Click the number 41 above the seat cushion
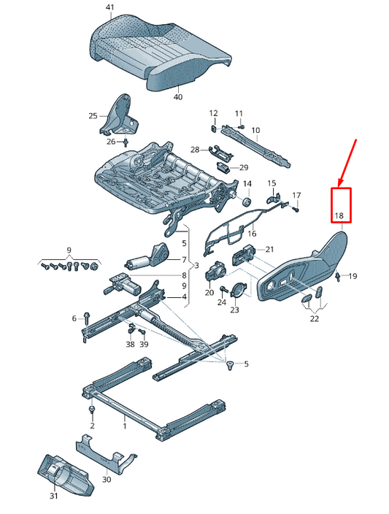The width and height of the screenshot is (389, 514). (110, 7)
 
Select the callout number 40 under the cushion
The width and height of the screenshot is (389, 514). (178, 97)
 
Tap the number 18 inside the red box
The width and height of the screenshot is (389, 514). (339, 215)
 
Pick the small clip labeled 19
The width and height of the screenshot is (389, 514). (338, 277)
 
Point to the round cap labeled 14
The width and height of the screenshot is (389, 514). (247, 201)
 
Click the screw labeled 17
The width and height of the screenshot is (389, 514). (296, 209)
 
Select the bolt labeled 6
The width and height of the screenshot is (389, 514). (87, 318)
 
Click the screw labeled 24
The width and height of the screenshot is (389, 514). (225, 289)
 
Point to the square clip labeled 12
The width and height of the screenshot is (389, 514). (213, 128)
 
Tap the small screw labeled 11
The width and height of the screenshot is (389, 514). (242, 126)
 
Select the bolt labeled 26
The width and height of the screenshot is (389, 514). (126, 142)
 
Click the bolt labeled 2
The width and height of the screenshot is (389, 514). (92, 410)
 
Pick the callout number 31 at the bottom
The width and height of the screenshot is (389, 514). (53, 496)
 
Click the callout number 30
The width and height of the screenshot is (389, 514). (107, 479)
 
